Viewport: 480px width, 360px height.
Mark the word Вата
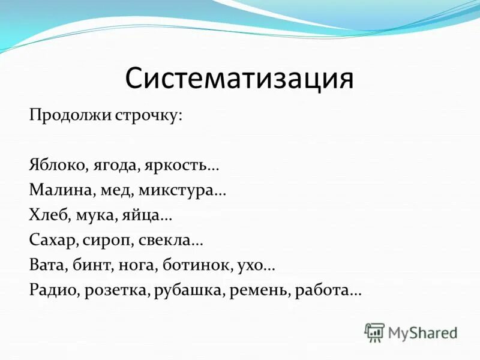pyautogui.click(x=46, y=265)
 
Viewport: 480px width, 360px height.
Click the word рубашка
pyautogui.click(x=187, y=290)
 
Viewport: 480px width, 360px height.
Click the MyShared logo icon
pyautogui.click(x=375, y=332)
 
